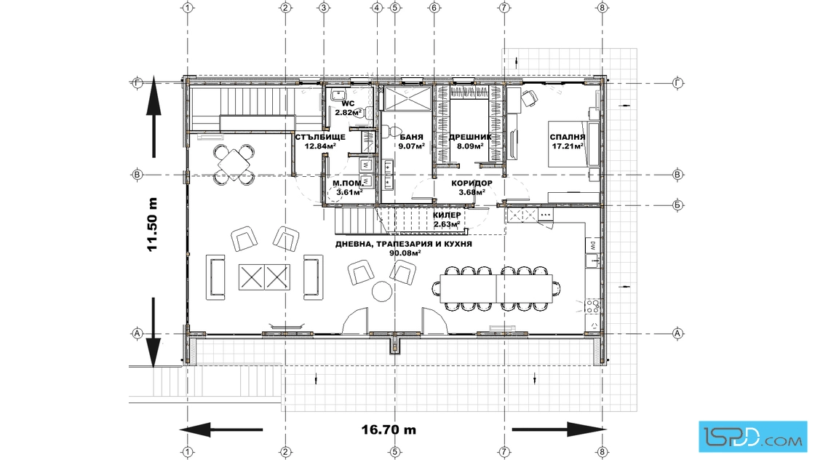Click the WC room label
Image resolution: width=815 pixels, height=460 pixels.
click(x=348, y=104)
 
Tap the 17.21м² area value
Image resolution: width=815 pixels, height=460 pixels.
click(x=567, y=146)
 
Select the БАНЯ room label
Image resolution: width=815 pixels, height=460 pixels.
click(x=412, y=138)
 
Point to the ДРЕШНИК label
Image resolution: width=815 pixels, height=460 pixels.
click(x=470, y=138)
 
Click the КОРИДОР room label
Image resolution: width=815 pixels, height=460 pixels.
click(x=472, y=183)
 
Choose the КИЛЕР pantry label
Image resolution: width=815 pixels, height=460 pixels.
click(x=447, y=215)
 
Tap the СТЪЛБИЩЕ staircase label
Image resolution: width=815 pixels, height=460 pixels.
click(x=320, y=138)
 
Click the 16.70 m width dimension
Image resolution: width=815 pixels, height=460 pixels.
click(x=389, y=430)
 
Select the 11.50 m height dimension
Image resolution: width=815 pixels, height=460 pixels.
click(x=152, y=225)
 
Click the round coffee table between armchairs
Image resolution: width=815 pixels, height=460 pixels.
click(x=382, y=291)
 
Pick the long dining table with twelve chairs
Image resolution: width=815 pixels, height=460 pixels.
click(x=496, y=288)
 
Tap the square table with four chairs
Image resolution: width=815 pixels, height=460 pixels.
click(x=234, y=164)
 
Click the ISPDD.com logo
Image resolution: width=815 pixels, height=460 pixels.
click(x=753, y=436)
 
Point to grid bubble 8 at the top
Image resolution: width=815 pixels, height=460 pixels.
click(x=602, y=7)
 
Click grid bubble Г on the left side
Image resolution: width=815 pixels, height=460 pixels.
click(x=138, y=83)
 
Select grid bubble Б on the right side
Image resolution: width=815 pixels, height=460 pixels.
click(x=677, y=205)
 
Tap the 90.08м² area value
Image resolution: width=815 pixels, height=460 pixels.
click(x=405, y=253)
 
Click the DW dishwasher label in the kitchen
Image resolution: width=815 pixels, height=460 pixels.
click(x=592, y=245)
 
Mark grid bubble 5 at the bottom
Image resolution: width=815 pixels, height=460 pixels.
click(x=394, y=452)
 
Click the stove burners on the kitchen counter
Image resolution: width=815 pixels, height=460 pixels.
click(x=592, y=306)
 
